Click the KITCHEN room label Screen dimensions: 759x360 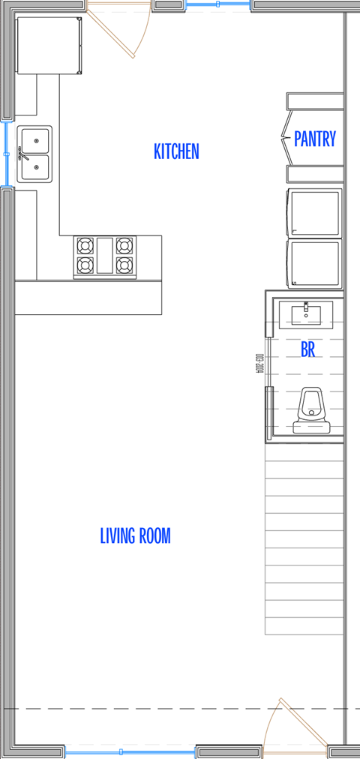tap(176, 151)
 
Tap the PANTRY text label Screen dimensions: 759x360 tap(314, 139)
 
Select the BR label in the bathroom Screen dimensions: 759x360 tap(307, 349)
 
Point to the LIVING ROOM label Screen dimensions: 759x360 tap(135, 535)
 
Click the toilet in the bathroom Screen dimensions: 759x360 tap(310, 412)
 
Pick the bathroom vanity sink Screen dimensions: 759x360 tap(306, 314)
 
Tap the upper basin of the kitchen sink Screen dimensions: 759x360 tap(35, 140)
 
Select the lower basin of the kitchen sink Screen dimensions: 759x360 tap(35, 167)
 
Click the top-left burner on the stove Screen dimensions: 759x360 tap(85, 245)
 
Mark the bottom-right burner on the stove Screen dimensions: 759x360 tap(124, 265)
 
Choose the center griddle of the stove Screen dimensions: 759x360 tap(105, 255)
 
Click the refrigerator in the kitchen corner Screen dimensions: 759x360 tap(48, 46)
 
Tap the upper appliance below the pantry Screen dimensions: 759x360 tap(315, 213)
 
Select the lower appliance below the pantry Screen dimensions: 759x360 tap(315, 263)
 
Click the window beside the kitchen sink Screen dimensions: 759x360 tap(6, 153)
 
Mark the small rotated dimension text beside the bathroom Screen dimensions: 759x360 tap(259, 364)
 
